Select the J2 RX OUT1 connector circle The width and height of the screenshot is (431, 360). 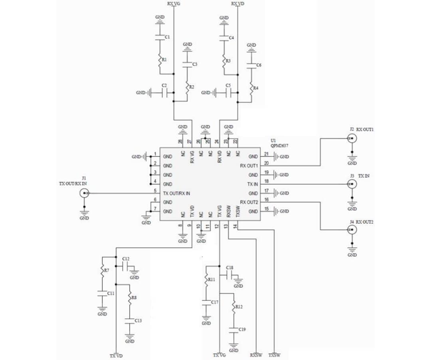click(352, 139)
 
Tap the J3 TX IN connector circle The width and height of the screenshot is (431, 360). click(352, 184)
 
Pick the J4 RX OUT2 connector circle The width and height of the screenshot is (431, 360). click(352, 230)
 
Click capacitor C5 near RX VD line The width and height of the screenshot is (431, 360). click(227, 93)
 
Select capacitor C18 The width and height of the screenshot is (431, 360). click(230, 275)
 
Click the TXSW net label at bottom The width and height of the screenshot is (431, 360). click(275, 354)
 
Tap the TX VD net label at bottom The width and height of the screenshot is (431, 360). click(116, 355)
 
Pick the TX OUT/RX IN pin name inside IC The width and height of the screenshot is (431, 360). click(176, 193)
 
